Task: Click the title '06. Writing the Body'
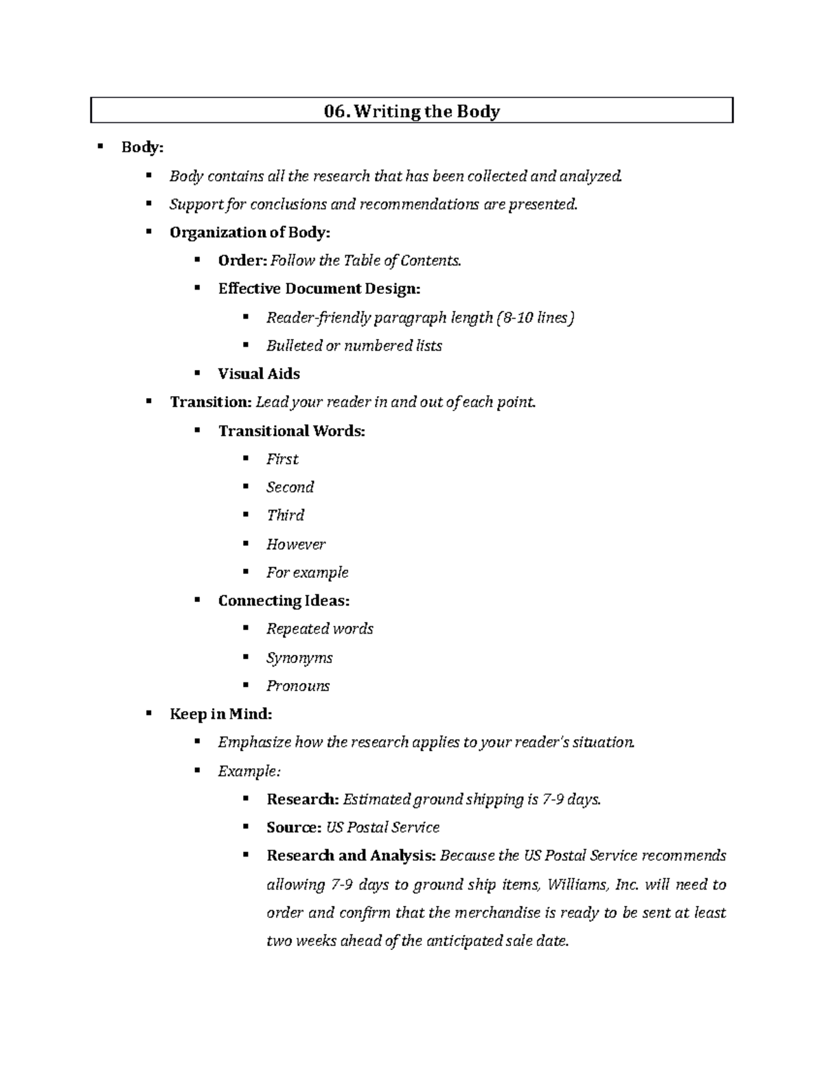click(412, 111)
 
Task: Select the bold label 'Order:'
click(242, 261)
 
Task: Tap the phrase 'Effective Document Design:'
click(319, 289)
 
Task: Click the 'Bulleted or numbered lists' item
click(354, 346)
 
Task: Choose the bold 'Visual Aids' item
click(259, 374)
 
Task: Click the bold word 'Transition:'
click(211, 402)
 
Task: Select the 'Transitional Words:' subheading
click(292, 431)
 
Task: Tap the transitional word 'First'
click(282, 459)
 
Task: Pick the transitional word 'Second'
click(290, 487)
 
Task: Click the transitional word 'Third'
click(285, 515)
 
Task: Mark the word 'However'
click(296, 544)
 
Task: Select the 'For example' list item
click(307, 572)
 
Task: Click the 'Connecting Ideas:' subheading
click(284, 601)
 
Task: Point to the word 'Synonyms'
click(299, 658)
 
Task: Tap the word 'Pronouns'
click(298, 686)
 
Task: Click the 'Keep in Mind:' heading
click(220, 714)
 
